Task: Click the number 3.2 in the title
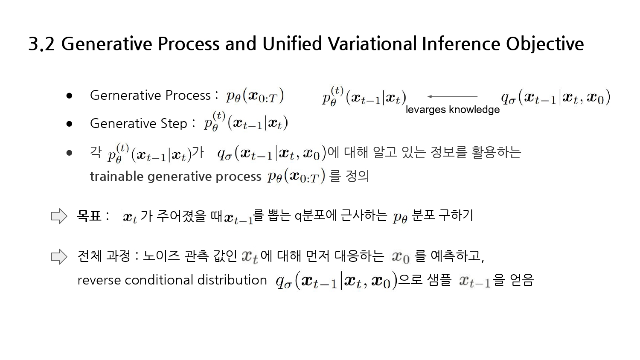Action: (41, 44)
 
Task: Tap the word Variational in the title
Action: (372, 44)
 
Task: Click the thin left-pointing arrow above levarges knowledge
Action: (452, 96)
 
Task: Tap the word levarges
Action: (426, 110)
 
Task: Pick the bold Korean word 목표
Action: (89, 216)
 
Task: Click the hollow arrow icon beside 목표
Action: (59, 216)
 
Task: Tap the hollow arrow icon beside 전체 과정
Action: (59, 257)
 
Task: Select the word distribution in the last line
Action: (232, 280)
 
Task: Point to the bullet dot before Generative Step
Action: (69, 124)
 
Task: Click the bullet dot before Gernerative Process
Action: (69, 96)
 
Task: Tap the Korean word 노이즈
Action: (161, 256)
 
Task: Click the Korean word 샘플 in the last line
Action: (439, 280)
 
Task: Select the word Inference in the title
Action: (460, 44)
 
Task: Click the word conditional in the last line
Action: (159, 280)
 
